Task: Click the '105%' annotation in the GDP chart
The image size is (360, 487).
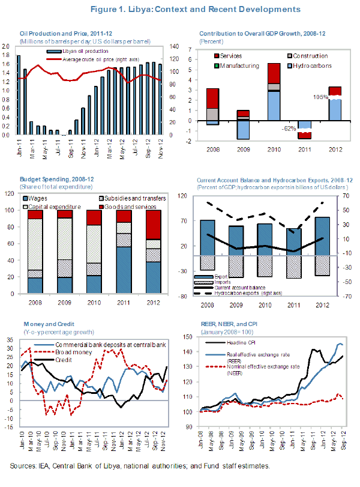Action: pos(320,96)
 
